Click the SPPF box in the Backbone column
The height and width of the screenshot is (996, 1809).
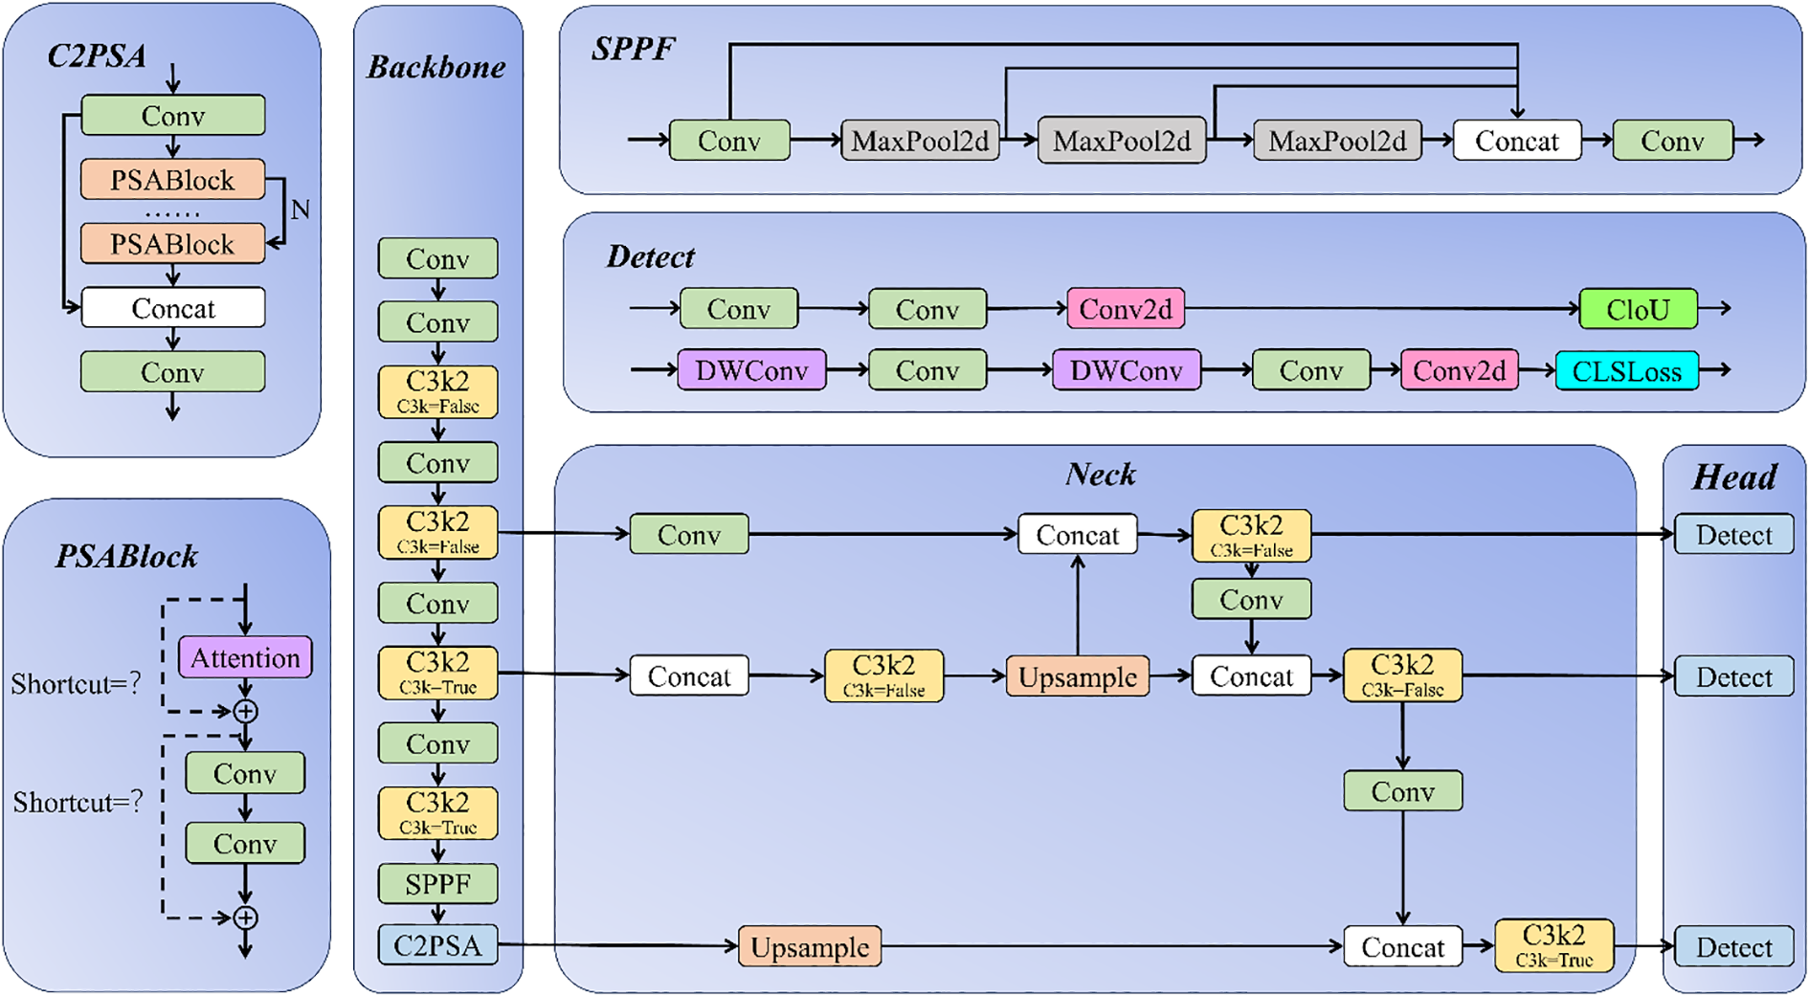pyautogui.click(x=437, y=884)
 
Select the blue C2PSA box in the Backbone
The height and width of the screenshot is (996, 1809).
pyautogui.click(x=437, y=945)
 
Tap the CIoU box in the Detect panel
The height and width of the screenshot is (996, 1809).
pyautogui.click(x=1638, y=309)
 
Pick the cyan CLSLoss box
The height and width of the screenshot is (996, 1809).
pyautogui.click(x=1626, y=370)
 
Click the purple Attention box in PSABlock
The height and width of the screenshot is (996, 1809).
pyautogui.click(x=245, y=657)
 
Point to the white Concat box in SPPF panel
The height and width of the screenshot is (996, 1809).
pyautogui.click(x=1516, y=141)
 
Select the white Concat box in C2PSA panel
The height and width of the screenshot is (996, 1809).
pyautogui.click(x=172, y=308)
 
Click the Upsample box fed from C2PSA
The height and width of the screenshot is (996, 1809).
pyautogui.click(x=810, y=946)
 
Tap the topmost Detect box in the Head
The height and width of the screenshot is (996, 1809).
pyautogui.click(x=1733, y=535)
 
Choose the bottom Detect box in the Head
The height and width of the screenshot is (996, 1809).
pyautogui.click(x=1733, y=947)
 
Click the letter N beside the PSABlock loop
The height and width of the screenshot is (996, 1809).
pyautogui.click(x=300, y=210)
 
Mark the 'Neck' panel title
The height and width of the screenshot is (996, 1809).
pyautogui.click(x=1100, y=475)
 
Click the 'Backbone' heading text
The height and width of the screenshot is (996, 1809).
pyautogui.click(x=436, y=67)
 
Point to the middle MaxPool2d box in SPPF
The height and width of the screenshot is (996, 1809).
pyautogui.click(x=1122, y=141)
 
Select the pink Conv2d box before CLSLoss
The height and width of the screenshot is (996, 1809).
pyautogui.click(x=1459, y=370)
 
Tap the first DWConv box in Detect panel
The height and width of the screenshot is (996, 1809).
pyautogui.click(x=751, y=370)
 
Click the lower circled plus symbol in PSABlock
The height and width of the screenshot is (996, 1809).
pyautogui.click(x=246, y=918)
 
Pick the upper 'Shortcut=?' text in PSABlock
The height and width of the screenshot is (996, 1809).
pyautogui.click(x=76, y=683)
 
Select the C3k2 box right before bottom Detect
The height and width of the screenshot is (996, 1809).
pyautogui.click(x=1553, y=945)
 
